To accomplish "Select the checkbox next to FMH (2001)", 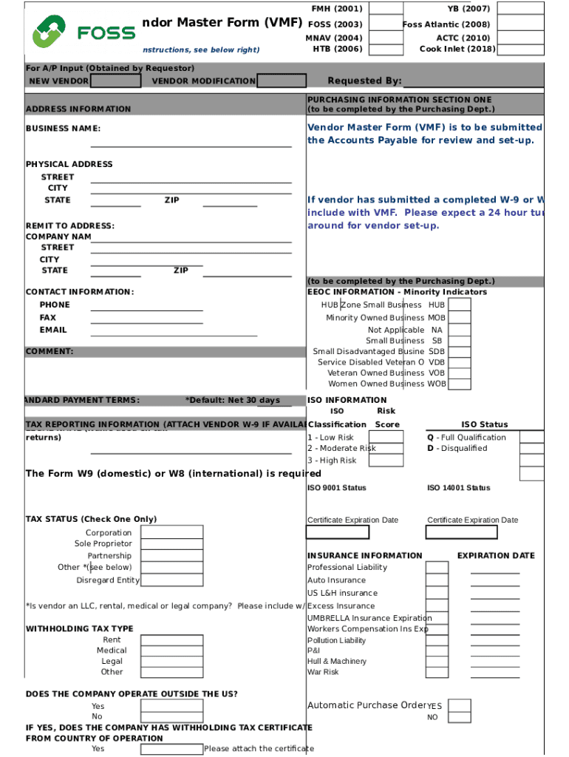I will [x=385, y=9].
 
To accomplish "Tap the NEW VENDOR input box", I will [x=115, y=81].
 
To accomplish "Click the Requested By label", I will [x=364, y=81].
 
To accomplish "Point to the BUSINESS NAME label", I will [x=63, y=129].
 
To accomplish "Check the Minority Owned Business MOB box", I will [x=459, y=318].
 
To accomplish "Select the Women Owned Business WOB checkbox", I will [x=459, y=384].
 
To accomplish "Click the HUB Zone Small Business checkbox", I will [x=459, y=305].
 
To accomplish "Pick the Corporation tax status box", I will [x=171, y=532].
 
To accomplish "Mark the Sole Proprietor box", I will [x=171, y=544].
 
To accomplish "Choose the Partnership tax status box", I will [x=171, y=556].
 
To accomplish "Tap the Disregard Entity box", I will [x=171, y=580].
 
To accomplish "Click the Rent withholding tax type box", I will [x=171, y=640].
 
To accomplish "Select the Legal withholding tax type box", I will [x=171, y=662].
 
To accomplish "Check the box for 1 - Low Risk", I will [x=386, y=437].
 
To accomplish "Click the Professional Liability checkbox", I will [x=437, y=568].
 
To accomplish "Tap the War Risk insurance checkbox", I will [x=437, y=672].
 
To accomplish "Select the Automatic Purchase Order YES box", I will [x=459, y=705].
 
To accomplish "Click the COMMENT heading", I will [x=50, y=352].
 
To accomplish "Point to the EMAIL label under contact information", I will [x=53, y=330].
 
